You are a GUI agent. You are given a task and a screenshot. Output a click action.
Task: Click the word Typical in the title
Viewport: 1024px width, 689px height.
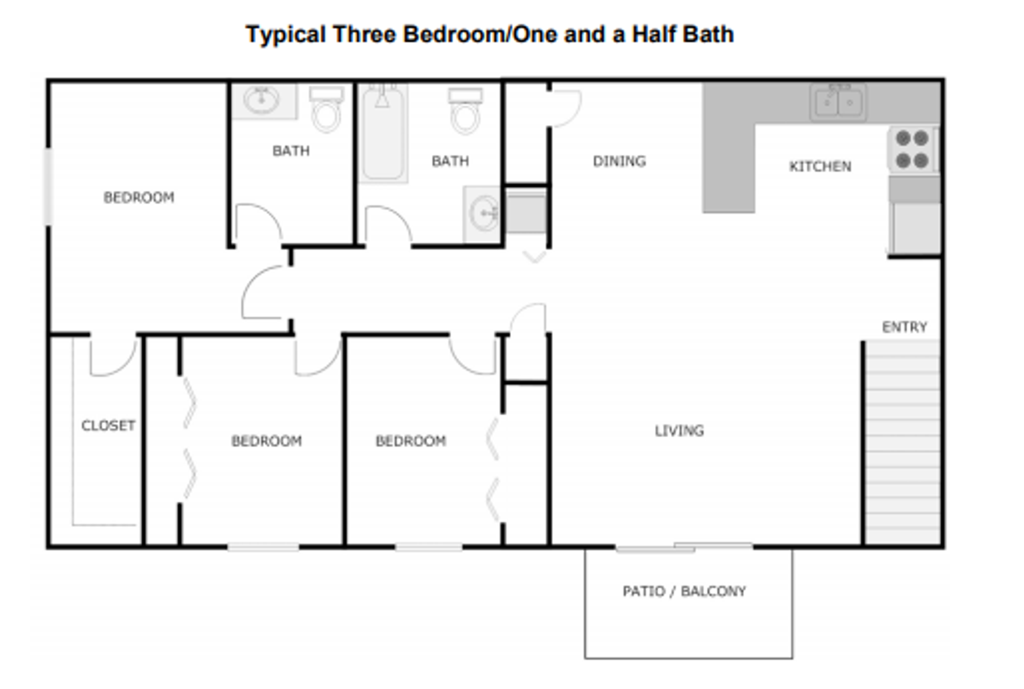click(x=285, y=35)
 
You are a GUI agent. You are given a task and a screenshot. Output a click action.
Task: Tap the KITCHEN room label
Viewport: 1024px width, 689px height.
click(x=820, y=166)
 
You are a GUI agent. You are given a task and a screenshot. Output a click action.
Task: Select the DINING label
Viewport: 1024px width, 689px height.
click(x=619, y=161)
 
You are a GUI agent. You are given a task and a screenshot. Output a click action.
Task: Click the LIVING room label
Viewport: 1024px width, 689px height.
click(x=679, y=430)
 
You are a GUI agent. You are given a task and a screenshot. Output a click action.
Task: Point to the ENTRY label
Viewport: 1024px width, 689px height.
click(x=904, y=327)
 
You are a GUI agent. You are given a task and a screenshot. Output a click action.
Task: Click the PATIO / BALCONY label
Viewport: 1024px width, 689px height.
click(x=684, y=591)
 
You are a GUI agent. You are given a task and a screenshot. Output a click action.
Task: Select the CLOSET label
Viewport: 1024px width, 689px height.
click(x=108, y=426)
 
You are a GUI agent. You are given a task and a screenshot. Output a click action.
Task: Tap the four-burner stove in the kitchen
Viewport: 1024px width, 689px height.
click(x=911, y=149)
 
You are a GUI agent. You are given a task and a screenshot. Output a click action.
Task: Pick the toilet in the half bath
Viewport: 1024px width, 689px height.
click(x=326, y=110)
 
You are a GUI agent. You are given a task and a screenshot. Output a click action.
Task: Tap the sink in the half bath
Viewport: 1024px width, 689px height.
click(x=261, y=100)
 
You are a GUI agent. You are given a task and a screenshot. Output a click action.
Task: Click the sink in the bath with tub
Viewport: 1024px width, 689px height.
click(x=483, y=213)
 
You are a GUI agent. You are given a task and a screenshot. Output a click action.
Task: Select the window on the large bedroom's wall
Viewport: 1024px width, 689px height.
click(x=48, y=187)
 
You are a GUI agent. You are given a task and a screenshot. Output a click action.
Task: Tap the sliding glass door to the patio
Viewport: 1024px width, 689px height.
click(x=684, y=547)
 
